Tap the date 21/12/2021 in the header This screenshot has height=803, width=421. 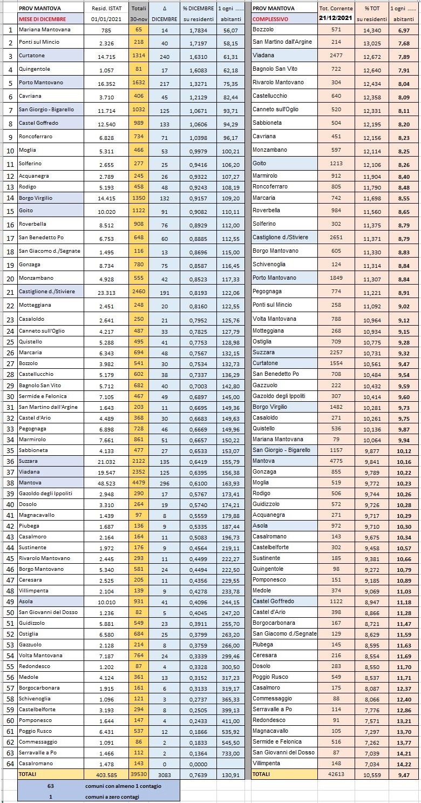coord(336,19)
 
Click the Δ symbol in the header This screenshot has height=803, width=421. coord(164,9)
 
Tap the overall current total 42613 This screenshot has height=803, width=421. coord(336,774)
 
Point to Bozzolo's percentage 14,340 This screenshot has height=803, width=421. coord(373,29)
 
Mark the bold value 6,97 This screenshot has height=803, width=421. coord(403,29)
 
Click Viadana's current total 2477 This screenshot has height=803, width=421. coord(336,55)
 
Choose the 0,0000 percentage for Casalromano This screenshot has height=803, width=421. coord(198,763)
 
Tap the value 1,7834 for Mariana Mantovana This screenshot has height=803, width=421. coord(198,30)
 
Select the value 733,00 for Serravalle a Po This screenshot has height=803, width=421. coord(231,752)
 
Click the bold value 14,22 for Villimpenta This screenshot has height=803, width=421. coord(403,763)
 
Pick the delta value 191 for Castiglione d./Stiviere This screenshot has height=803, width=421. coord(164,292)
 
